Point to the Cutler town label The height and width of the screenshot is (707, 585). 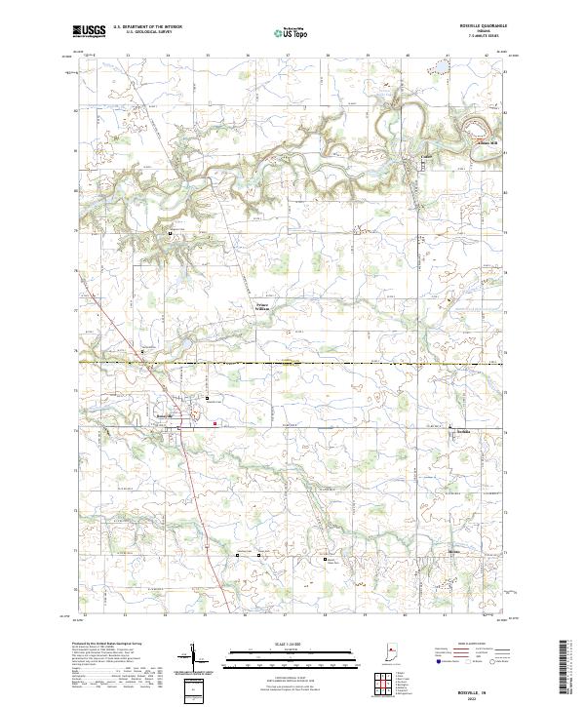click(x=425, y=156)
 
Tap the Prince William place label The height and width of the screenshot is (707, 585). click(x=268, y=307)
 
